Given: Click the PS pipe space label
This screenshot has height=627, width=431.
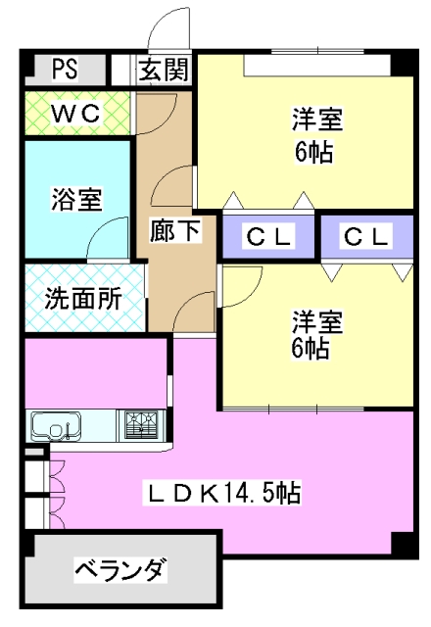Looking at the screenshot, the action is click(66, 69).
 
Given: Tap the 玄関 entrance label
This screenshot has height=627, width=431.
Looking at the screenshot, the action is click(164, 70).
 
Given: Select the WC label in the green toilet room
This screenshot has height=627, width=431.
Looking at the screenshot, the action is click(76, 114).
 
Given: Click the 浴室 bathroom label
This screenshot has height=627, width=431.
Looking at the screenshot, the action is click(76, 199).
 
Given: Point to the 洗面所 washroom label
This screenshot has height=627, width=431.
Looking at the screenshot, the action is click(83, 298).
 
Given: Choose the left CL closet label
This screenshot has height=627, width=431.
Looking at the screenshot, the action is click(268, 236).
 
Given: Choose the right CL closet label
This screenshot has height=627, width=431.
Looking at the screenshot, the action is click(366, 236).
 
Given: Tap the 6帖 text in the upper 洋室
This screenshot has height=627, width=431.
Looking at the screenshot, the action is click(314, 152).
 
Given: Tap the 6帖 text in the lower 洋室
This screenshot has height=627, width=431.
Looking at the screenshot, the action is click(311, 348).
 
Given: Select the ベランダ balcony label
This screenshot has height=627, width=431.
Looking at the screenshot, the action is click(120, 569).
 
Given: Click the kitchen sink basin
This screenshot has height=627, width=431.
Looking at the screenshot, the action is click(57, 426).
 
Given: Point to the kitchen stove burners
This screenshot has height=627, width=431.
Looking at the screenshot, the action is click(140, 425).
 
